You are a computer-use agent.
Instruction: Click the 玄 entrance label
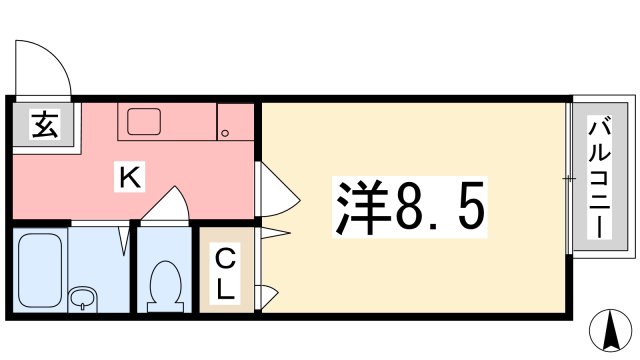(x=43, y=127)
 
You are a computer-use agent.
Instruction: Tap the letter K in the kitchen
(x=129, y=179)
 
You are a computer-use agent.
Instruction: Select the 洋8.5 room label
(x=409, y=206)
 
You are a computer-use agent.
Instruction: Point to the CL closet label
(x=227, y=275)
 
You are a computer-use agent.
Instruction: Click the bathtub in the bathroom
(x=43, y=259)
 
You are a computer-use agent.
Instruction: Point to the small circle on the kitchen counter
(x=226, y=134)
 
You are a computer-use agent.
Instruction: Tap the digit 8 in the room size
(x=410, y=206)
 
